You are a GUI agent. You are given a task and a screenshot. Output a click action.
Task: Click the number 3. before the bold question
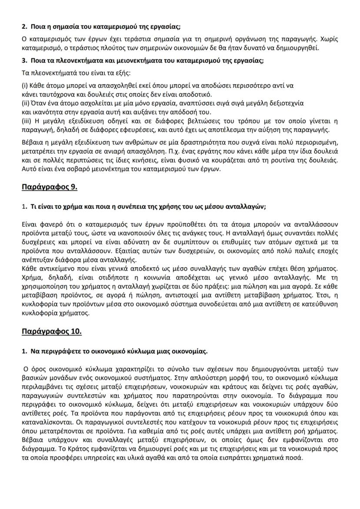click(x=24, y=60)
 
